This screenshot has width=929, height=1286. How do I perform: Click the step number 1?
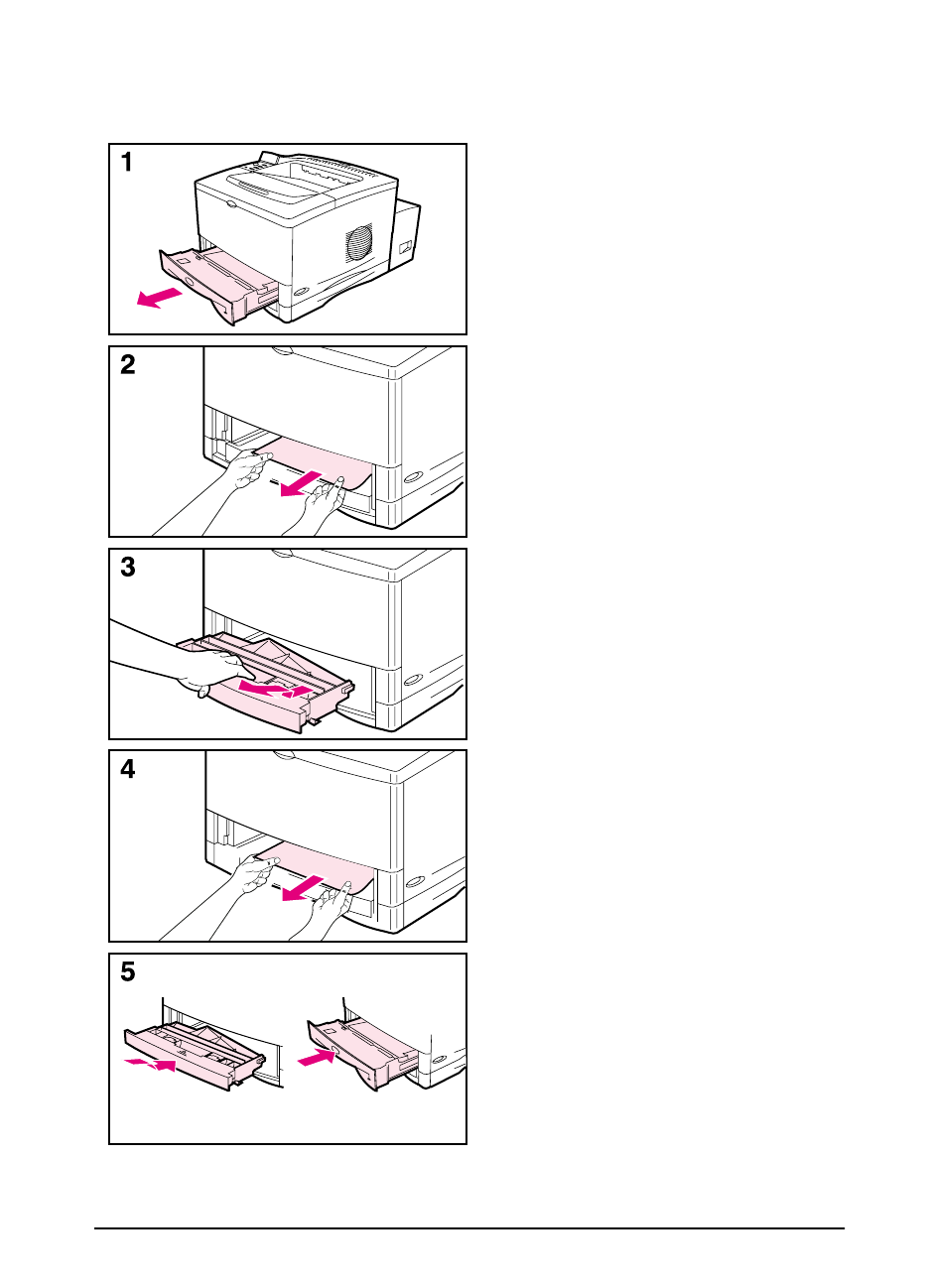coord(127,163)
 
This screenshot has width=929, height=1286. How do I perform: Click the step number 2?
coord(128,365)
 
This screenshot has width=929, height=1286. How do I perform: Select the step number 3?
coord(128,568)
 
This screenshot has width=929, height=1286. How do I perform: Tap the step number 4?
coord(128,769)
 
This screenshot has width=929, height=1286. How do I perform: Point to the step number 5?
coord(128,971)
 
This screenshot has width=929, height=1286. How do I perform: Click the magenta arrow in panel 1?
coord(160,297)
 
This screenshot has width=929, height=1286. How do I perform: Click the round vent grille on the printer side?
coord(358,242)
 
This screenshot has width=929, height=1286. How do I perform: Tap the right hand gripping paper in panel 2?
coord(323,501)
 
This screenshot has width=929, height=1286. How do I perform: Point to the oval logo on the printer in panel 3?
coord(413,680)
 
